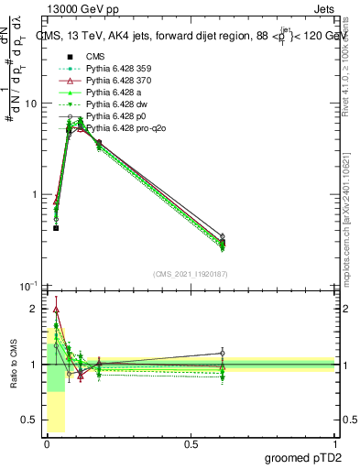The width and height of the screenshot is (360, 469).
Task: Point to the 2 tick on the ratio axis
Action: pyautogui.click(x=36, y=309)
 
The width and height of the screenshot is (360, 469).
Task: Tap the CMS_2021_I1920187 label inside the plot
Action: pyautogui.click(x=190, y=274)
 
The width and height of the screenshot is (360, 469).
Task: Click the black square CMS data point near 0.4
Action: pyautogui.click(x=56, y=227)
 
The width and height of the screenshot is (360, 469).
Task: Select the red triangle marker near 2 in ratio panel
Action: pyautogui.click(x=56, y=310)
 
